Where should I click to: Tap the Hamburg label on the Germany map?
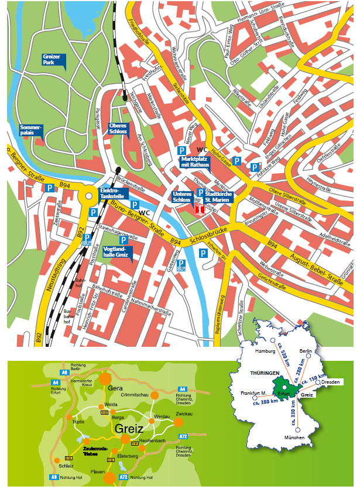pos(265,351)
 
